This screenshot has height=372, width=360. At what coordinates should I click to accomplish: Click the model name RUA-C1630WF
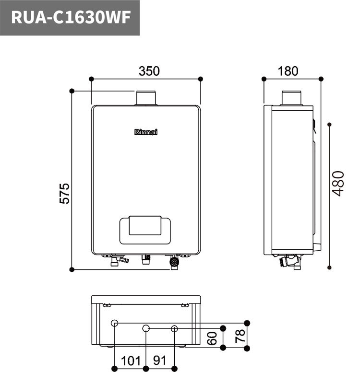click(70, 18)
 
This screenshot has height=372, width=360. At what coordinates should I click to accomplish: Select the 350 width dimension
click(149, 71)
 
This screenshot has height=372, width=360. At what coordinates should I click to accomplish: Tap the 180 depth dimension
click(288, 71)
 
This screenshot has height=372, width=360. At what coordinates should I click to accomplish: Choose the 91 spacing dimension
click(161, 360)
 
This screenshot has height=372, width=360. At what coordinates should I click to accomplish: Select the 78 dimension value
click(240, 334)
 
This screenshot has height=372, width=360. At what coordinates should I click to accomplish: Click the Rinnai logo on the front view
click(146, 132)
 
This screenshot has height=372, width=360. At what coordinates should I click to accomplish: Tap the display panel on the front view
click(145, 227)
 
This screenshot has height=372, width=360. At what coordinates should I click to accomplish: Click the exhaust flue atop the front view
click(146, 98)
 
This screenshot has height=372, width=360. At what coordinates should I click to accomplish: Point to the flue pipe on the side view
click(290, 98)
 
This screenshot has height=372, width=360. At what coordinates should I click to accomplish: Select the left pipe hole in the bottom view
click(114, 324)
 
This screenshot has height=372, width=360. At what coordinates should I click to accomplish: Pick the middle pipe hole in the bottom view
click(146, 328)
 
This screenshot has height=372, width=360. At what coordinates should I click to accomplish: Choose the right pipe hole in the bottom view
click(175, 328)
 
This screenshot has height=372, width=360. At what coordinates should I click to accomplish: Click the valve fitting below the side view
click(291, 262)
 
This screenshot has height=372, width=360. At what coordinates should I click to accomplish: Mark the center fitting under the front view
click(146, 260)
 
